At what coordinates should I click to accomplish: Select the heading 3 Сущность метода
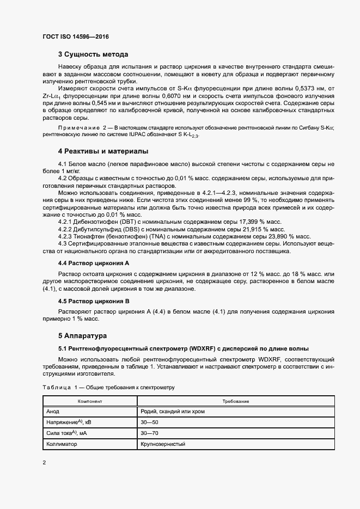[93, 54]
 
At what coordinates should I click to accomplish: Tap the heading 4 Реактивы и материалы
[103, 151]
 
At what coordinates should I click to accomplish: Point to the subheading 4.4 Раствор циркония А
[93, 262]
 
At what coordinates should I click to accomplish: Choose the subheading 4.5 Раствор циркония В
[93, 301]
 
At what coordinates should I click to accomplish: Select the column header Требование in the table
[235, 401]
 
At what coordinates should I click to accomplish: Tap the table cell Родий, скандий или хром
[172, 411]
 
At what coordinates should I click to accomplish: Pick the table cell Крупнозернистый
[163, 444]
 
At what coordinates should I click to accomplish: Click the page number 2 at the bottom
[45, 463]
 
